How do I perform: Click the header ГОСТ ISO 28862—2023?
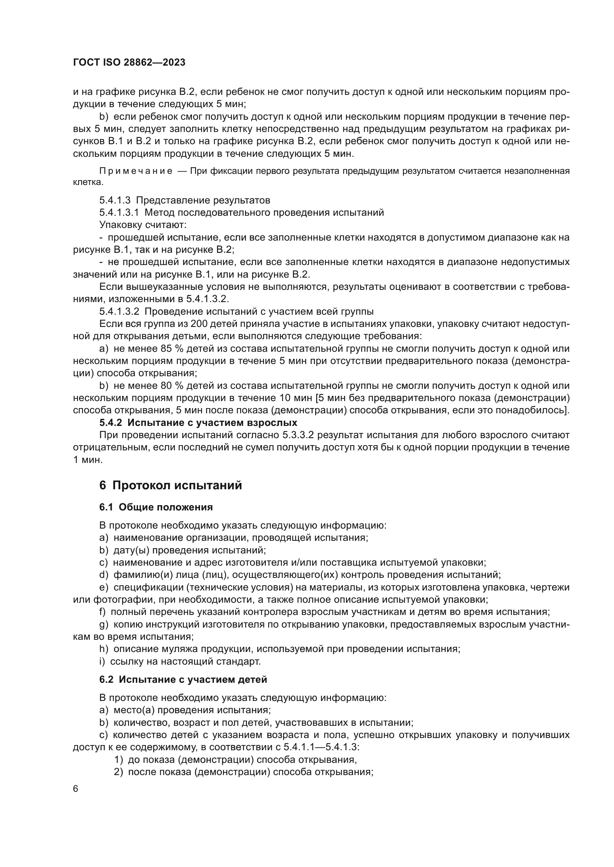pos(129,63)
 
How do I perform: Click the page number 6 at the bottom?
pos(76,789)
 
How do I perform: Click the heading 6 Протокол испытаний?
pos(170,485)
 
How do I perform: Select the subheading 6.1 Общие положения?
pos(156,507)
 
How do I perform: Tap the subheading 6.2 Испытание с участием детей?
pos(183,679)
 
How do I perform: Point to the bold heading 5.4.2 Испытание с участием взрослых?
pos(198,423)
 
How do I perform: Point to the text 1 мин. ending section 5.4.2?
pos(88,460)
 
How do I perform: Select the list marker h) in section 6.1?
pos(104,649)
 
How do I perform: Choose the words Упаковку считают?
pos(143,225)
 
